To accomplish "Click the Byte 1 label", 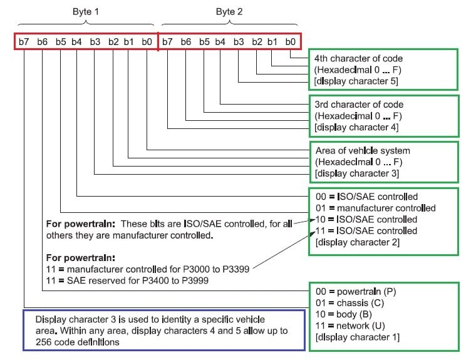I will (85, 11).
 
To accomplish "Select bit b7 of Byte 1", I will (24, 42).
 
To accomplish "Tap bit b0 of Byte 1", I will (147, 42).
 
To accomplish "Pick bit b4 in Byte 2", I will (220, 42).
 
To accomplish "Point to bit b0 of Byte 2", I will (290, 42).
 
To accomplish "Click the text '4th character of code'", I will (359, 58).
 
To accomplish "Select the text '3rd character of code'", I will (359, 105).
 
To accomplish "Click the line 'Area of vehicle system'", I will (363, 151).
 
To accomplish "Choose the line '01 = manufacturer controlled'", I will (376, 208).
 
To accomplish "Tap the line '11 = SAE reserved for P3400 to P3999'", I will (128, 281).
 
